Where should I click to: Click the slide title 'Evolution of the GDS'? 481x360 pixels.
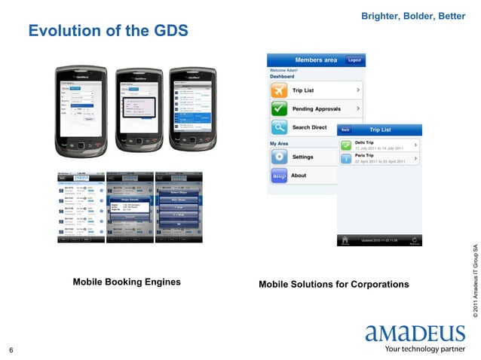tap(108, 31)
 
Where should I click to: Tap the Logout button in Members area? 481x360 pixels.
tap(354, 60)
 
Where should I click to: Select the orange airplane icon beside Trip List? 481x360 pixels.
tap(280, 90)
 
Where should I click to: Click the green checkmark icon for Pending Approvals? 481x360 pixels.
tap(280, 109)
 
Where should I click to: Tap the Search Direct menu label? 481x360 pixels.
tap(309, 128)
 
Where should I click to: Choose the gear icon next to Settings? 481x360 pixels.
tap(280, 157)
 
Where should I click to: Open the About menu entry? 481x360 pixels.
tap(299, 175)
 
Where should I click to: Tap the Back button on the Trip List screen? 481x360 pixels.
tap(345, 130)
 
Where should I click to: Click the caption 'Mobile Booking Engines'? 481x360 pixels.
tap(127, 282)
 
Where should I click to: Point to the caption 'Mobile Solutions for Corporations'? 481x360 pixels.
tap(333, 285)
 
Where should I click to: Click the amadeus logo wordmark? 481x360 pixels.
tap(415, 334)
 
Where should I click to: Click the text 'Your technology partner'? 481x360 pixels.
tap(425, 349)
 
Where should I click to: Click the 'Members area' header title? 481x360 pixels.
tap(315, 60)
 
